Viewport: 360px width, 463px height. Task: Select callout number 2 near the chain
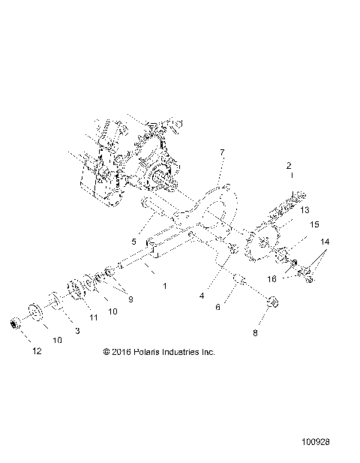pyautogui.click(x=288, y=165)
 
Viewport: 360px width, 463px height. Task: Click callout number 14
pyautogui.click(x=324, y=242)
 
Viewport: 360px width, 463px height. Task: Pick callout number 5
pyautogui.click(x=134, y=242)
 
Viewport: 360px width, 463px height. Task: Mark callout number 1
pyautogui.click(x=165, y=286)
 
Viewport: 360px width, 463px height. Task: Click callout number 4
pyautogui.click(x=201, y=295)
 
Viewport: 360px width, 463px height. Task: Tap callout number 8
pyautogui.click(x=254, y=331)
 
